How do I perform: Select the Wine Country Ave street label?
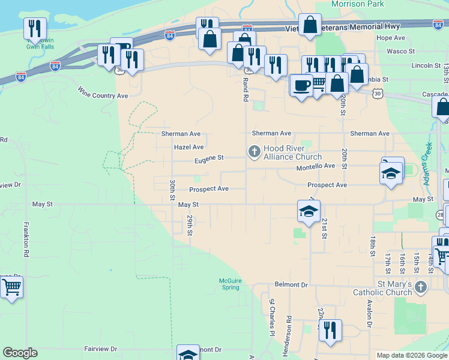[x=103, y=92]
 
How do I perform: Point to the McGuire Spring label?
[x=228, y=283]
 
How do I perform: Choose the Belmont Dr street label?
[x=291, y=284]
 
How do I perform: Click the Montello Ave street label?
[x=315, y=166]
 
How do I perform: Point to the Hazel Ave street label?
[x=188, y=147]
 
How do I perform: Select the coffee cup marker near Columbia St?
[x=301, y=84]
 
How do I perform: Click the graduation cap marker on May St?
[x=309, y=211]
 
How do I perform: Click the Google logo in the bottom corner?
[x=20, y=353]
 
